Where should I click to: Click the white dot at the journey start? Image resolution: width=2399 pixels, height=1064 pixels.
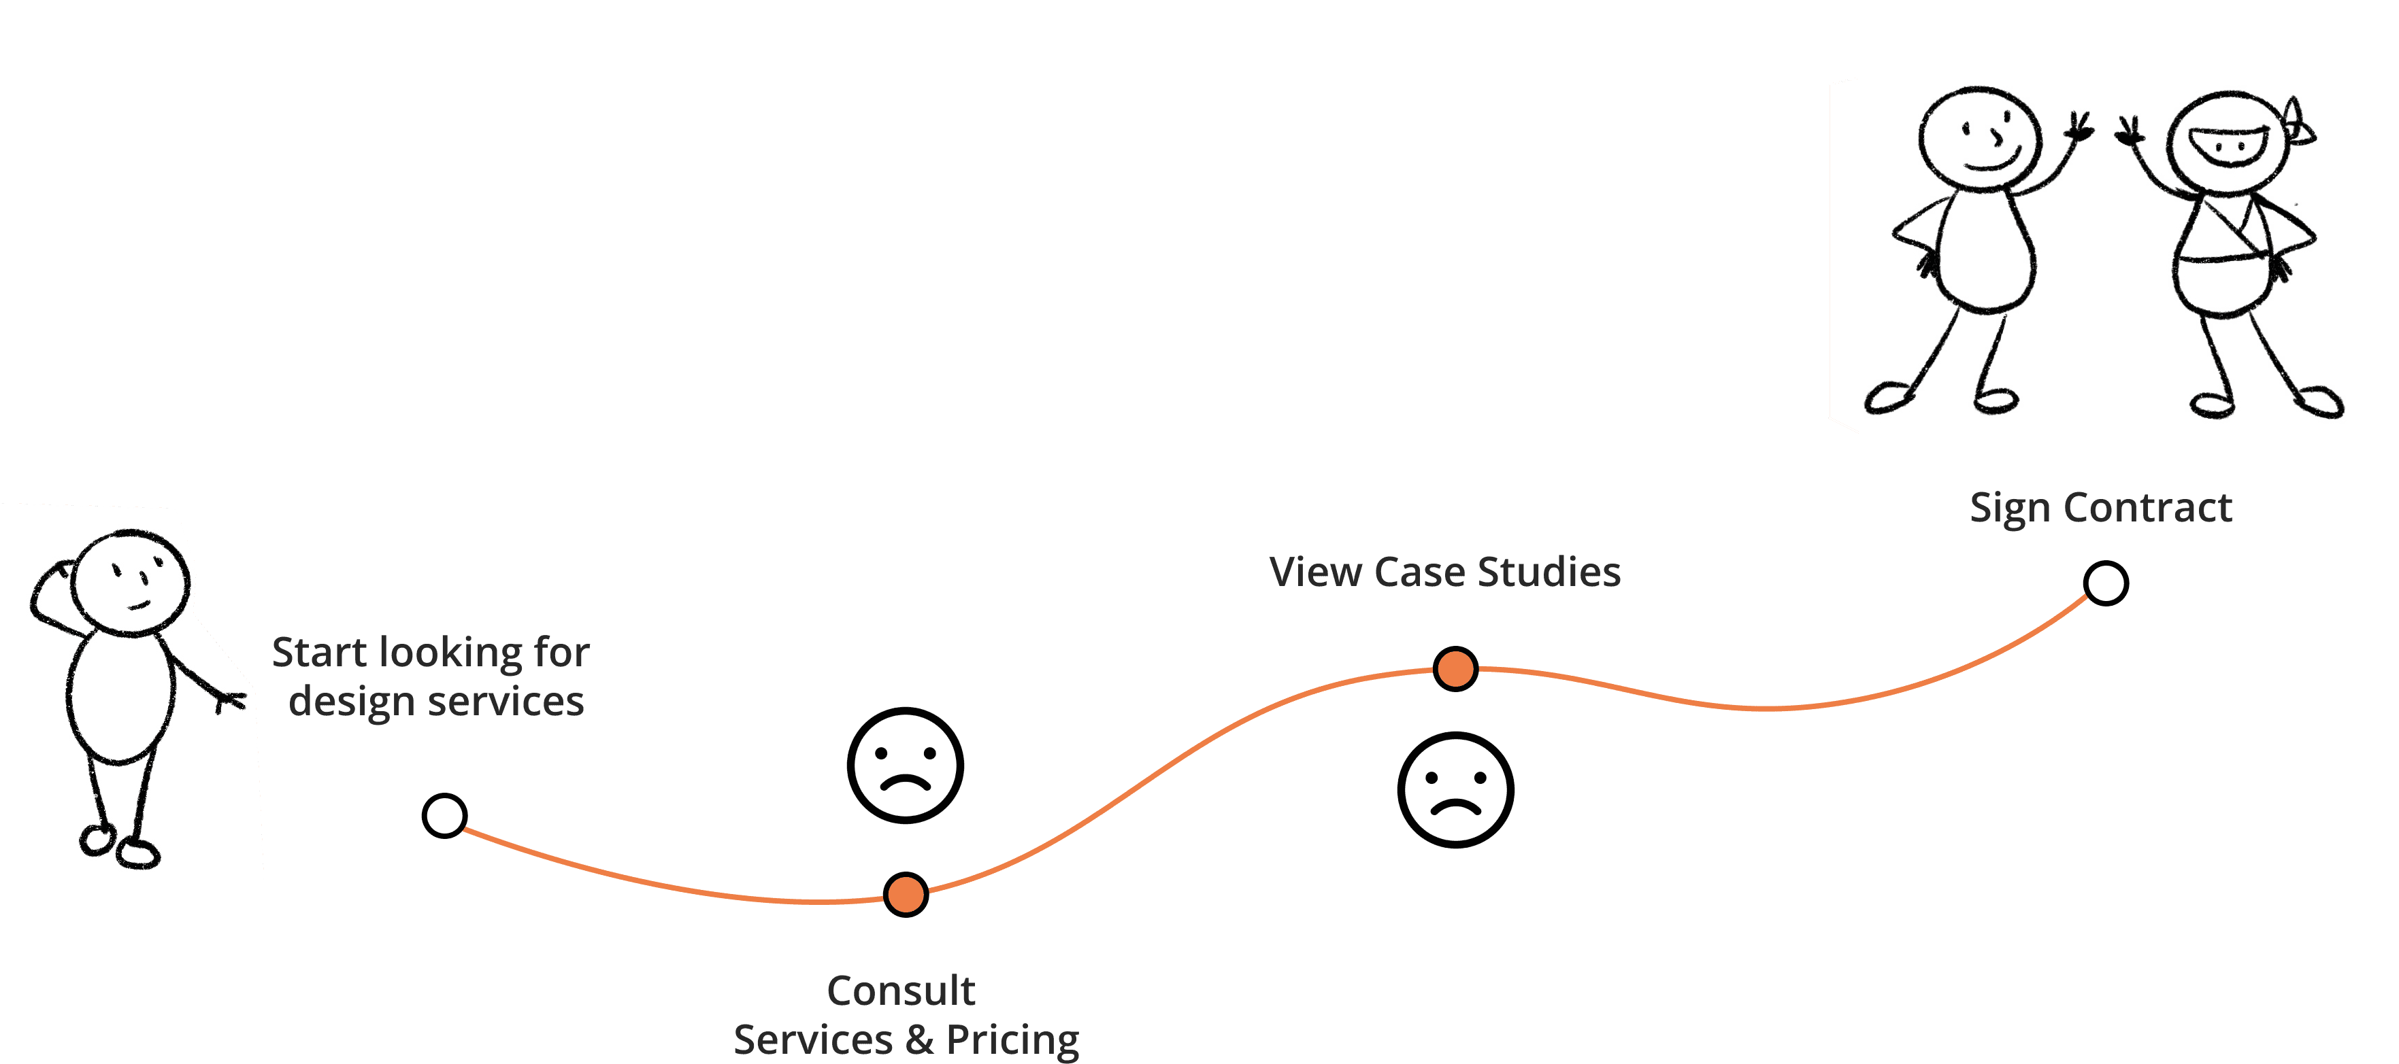pyautogui.click(x=444, y=815)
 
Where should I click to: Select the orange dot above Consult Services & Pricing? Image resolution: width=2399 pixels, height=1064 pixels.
pyautogui.click(x=905, y=895)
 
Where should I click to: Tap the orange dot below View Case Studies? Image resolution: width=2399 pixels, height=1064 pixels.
pyautogui.click(x=1455, y=668)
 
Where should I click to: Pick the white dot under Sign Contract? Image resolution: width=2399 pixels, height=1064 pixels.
pyautogui.click(x=2106, y=583)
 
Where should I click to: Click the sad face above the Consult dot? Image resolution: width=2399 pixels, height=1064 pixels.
pyautogui.click(x=905, y=765)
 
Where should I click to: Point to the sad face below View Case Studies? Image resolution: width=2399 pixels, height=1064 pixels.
pyautogui.click(x=1455, y=789)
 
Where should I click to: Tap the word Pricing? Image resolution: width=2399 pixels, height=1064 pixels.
pyautogui.click(x=1012, y=1040)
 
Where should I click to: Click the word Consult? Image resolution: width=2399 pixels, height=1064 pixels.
pyautogui.click(x=901, y=991)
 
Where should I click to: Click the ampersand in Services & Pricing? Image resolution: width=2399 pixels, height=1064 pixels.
pyautogui.click(x=919, y=1040)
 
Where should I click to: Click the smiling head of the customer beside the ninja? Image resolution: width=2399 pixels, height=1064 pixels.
pyautogui.click(x=1980, y=138)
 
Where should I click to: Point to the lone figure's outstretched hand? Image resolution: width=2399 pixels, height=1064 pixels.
pyautogui.click(x=229, y=698)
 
